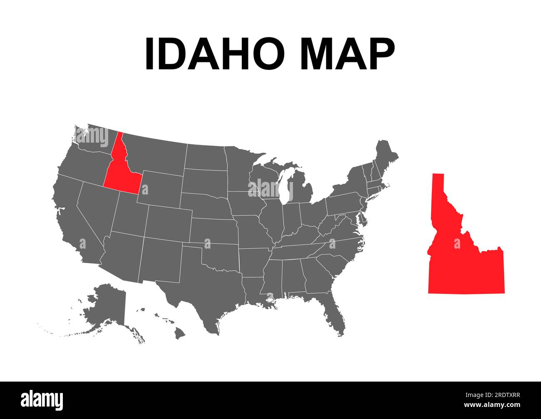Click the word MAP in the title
(347, 54)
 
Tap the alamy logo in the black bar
(42, 400)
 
